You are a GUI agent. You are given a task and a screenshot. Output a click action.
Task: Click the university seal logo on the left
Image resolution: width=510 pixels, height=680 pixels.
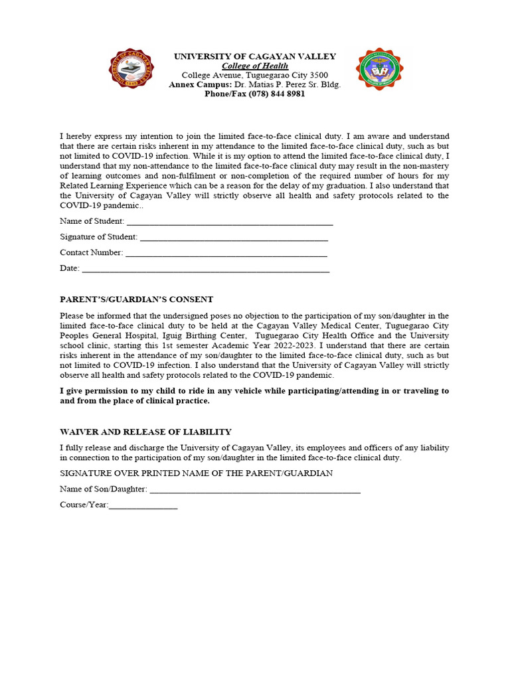[131, 70]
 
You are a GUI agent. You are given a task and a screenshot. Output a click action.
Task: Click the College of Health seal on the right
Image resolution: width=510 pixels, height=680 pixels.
[379, 70]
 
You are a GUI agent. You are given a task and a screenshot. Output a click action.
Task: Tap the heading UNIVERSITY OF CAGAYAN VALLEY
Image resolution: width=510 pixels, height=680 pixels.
[255, 56]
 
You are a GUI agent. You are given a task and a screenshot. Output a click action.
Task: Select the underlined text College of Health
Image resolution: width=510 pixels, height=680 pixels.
[255, 66]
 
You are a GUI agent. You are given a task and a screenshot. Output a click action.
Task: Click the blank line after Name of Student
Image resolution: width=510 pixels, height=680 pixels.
[229, 222]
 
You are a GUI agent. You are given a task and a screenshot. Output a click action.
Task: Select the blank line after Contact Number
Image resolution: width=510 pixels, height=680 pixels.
[226, 253]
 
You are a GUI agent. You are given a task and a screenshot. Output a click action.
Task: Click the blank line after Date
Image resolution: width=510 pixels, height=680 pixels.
[205, 269]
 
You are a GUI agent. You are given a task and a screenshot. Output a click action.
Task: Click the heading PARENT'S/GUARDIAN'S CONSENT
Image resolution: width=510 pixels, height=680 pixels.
[137, 299]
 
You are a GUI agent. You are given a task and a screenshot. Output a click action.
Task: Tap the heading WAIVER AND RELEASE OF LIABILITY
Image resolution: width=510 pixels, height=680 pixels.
[145, 432]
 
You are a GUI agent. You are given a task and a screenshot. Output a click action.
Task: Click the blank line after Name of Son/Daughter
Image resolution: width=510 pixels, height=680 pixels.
[255, 490]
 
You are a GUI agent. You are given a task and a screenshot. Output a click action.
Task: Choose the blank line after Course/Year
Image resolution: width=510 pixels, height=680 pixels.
[143, 505]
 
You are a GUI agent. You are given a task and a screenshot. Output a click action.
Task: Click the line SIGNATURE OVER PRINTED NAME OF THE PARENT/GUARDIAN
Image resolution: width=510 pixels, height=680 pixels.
[197, 473]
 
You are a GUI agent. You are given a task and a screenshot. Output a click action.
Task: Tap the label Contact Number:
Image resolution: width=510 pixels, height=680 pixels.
[92, 253]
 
